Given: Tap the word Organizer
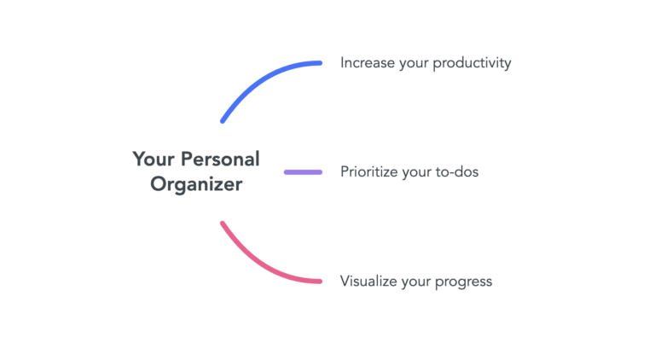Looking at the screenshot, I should [x=196, y=183].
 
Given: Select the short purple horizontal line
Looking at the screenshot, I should [x=303, y=172].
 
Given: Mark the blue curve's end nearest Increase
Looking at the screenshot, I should [x=320, y=63].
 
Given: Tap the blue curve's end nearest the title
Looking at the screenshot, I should [x=223, y=121].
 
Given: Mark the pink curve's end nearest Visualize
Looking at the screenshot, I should [x=320, y=282].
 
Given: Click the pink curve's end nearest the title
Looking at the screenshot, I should [x=223, y=224].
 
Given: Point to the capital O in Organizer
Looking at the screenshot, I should [x=159, y=183].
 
